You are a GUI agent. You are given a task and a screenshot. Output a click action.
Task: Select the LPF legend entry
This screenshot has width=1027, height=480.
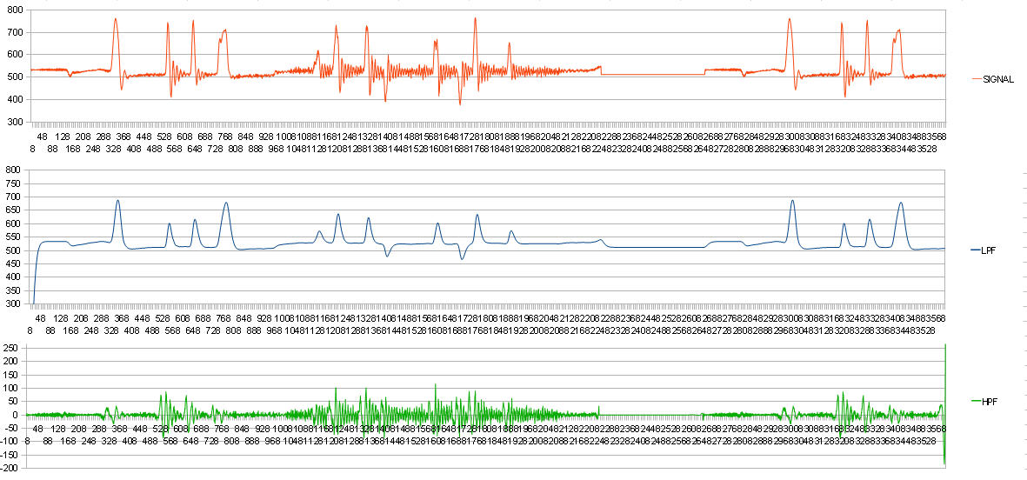point(989,250)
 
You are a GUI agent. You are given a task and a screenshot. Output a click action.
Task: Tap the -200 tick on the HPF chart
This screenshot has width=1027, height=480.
point(10,468)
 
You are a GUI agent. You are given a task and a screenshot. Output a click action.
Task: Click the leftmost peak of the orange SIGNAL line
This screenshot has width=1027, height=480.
point(115,18)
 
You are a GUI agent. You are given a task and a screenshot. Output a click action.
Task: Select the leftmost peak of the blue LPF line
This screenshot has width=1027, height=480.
point(117,200)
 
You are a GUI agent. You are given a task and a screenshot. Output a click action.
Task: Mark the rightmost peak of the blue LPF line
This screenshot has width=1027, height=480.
point(901,203)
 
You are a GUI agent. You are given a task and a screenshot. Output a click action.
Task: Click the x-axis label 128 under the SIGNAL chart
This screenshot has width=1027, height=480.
point(63,137)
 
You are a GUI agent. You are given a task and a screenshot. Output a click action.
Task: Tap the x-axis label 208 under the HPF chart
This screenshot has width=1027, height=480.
point(78,428)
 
